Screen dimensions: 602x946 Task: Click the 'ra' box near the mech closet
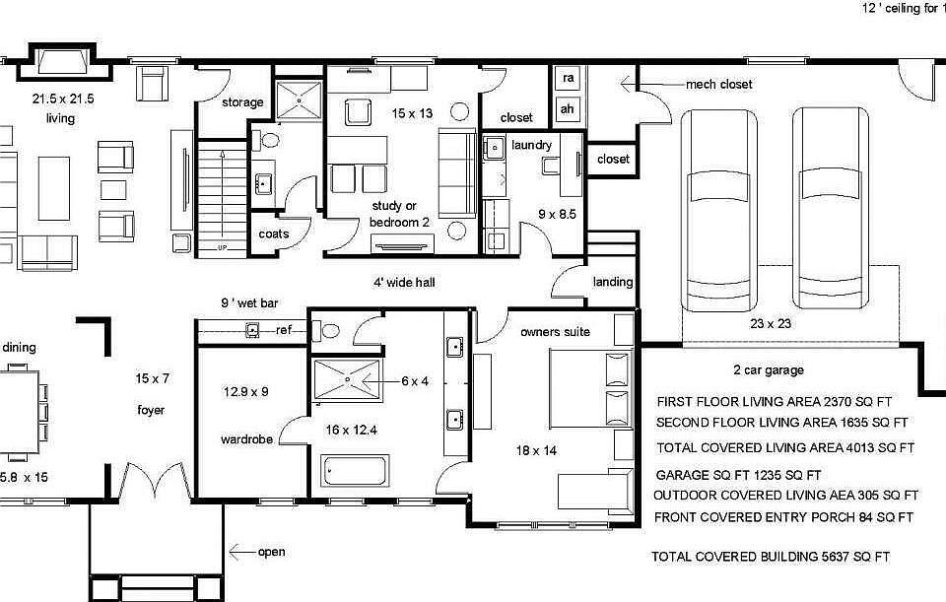tap(568, 79)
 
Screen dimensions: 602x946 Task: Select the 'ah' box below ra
tap(568, 108)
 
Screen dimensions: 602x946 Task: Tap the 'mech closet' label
tap(718, 85)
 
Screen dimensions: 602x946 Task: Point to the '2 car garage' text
tap(768, 370)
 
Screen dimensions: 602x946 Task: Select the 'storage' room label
tap(242, 102)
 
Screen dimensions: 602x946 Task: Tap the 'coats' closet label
tap(274, 234)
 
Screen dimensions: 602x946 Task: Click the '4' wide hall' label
tap(404, 283)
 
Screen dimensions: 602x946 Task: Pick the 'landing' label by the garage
tap(613, 282)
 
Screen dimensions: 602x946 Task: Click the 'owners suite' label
tap(555, 332)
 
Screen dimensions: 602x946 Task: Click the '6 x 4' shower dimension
tap(415, 381)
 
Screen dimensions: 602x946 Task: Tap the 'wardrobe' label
tap(245, 439)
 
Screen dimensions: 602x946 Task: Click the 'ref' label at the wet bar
tap(284, 330)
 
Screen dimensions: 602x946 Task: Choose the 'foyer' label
tap(151, 410)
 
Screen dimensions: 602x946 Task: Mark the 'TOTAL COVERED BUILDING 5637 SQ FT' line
tap(770, 557)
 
